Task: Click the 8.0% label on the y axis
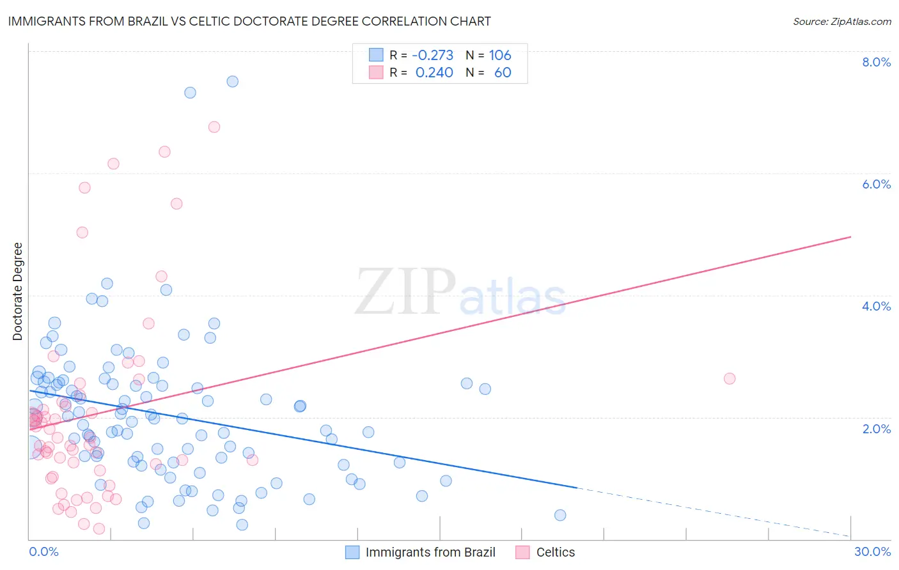[x=876, y=62]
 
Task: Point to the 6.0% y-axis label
[x=876, y=184]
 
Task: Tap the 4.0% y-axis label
[x=876, y=306]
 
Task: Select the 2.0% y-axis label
[x=876, y=429]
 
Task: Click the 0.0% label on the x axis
[x=43, y=551]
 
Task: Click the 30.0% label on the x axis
[x=872, y=551]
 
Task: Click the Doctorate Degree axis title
[x=18, y=291]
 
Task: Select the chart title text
[x=249, y=21]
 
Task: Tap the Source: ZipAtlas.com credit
[x=841, y=22]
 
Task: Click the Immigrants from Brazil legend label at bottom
[x=430, y=552]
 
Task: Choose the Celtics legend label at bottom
[x=555, y=552]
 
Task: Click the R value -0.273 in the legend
[x=433, y=55]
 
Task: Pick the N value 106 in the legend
[x=500, y=55]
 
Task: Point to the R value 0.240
[x=434, y=73]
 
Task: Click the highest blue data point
[x=233, y=81]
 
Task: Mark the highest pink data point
[x=214, y=127]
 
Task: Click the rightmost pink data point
[x=730, y=378]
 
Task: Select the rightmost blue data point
[x=560, y=515]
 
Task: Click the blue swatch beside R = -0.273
[x=376, y=55]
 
